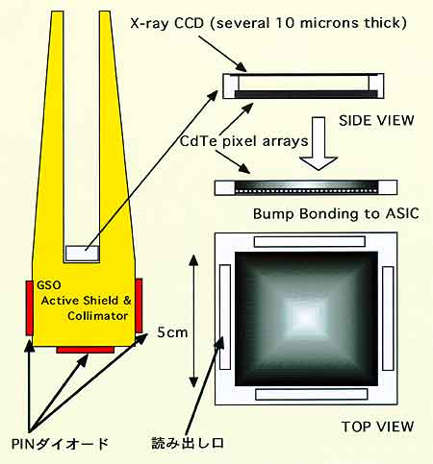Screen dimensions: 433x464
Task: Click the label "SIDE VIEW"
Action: click(376, 120)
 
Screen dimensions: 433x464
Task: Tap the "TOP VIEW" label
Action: click(377, 427)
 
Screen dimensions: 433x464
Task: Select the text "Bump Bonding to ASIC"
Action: click(336, 213)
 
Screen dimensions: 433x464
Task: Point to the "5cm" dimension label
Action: click(172, 332)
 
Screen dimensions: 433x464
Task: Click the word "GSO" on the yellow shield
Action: click(49, 285)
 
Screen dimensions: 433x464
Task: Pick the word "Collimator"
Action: click(97, 316)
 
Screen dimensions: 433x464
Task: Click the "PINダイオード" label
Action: click(60, 444)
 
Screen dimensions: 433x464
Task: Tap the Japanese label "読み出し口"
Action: click(188, 443)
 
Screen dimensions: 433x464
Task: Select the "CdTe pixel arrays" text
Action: click(243, 141)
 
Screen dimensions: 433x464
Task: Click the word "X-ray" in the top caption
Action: click(150, 23)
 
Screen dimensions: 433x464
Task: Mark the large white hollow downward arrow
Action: click(318, 143)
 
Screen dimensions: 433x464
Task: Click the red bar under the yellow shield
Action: click(86, 350)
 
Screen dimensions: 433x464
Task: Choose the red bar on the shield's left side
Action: click(29, 307)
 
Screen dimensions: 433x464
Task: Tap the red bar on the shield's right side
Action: click(139, 305)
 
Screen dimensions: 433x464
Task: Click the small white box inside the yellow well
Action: click(82, 254)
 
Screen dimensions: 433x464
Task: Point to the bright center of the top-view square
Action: click(304, 317)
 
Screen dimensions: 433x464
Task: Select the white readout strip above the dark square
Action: click(310, 241)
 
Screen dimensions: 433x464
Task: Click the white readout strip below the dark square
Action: click(312, 394)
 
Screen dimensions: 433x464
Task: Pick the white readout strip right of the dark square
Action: click(388, 318)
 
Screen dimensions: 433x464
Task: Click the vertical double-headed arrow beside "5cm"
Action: click(193, 321)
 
